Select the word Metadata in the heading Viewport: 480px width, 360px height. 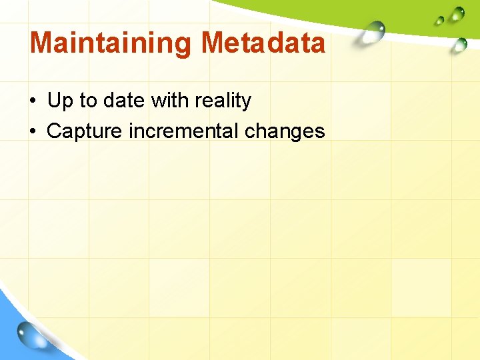[x=263, y=43]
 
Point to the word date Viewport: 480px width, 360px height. [x=123, y=101]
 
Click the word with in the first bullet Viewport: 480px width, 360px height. [x=169, y=101]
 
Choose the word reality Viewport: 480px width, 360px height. [x=223, y=101]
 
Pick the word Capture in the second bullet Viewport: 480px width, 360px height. [x=85, y=131]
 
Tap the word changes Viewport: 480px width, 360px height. [x=285, y=131]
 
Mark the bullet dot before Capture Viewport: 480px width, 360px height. [x=33, y=132]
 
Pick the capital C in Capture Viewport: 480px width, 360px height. [x=55, y=131]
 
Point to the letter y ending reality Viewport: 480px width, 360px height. [x=247, y=103]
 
